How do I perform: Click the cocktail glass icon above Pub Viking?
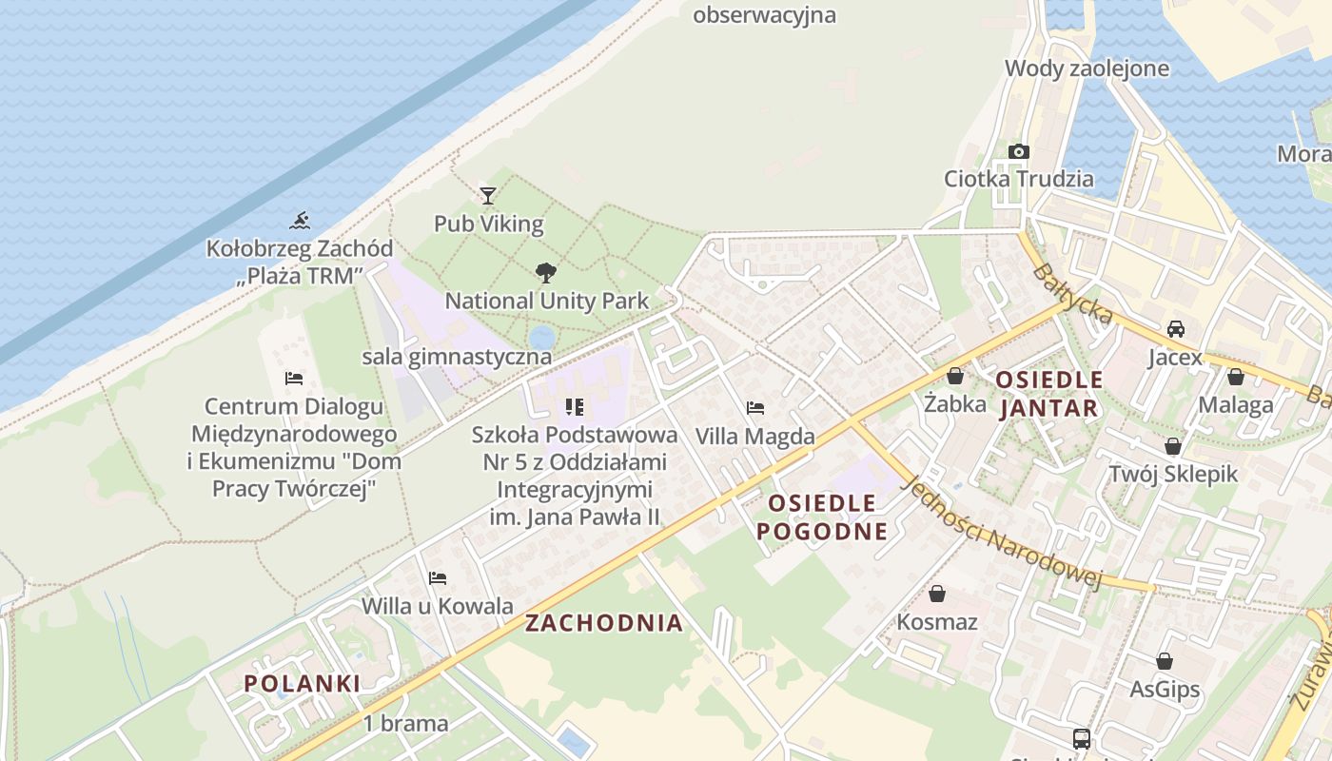[x=488, y=196]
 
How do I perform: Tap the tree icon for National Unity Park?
[x=546, y=273]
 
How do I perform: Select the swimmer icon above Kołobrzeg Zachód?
[x=300, y=221]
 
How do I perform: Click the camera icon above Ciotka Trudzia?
[x=1019, y=151]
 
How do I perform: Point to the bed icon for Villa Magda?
[x=755, y=408]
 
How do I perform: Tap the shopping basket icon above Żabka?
[x=955, y=376]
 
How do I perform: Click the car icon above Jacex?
[x=1176, y=329]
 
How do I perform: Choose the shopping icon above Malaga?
[x=1236, y=377]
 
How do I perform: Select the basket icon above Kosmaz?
[x=937, y=594]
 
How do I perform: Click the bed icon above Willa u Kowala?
[x=438, y=577]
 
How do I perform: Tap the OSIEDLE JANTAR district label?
[x=1049, y=394]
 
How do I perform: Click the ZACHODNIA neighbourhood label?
[x=604, y=623]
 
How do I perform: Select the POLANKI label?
[x=303, y=683]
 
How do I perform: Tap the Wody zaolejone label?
[x=1087, y=68]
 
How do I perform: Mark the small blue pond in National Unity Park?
[x=542, y=337]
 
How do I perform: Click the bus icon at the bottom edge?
[x=1082, y=738]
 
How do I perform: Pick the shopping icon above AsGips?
[x=1165, y=661]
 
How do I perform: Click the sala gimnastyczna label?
[x=457, y=357]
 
